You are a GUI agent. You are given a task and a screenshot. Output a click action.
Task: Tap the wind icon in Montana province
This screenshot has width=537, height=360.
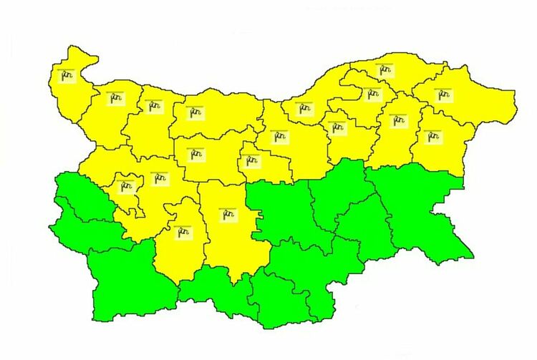coord(115,98)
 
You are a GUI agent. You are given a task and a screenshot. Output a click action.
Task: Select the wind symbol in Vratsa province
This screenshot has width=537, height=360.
coord(153,106)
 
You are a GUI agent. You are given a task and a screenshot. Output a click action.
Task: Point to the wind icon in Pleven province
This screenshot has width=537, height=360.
coord(194,112)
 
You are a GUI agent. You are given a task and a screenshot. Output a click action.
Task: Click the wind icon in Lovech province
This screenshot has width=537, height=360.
coord(194,154)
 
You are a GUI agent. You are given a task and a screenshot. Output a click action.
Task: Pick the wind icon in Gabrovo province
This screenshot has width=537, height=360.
coord(251,160)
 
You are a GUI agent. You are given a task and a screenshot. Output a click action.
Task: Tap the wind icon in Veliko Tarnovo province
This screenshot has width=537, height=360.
coord(278,136)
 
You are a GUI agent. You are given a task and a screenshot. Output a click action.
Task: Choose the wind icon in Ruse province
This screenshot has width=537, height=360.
coord(306,109)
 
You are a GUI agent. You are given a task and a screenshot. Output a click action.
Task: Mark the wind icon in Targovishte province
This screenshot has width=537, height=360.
coord(337,127)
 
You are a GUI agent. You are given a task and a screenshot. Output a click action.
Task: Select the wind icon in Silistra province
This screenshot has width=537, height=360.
coord(384,69)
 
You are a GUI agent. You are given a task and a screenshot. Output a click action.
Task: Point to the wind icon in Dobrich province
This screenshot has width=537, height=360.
coord(443,94)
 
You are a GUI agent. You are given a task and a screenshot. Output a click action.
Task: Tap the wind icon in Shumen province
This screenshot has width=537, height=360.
coord(397,120)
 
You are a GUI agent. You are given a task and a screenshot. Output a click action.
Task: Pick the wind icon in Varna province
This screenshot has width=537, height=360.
coord(431,135)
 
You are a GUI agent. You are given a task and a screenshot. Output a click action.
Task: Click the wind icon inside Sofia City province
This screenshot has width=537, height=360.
coord(127,188)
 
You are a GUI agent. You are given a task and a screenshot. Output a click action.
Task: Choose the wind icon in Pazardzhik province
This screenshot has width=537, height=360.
coord(183,231)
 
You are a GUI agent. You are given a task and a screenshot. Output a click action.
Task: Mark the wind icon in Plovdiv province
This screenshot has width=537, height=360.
coord(228,213)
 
